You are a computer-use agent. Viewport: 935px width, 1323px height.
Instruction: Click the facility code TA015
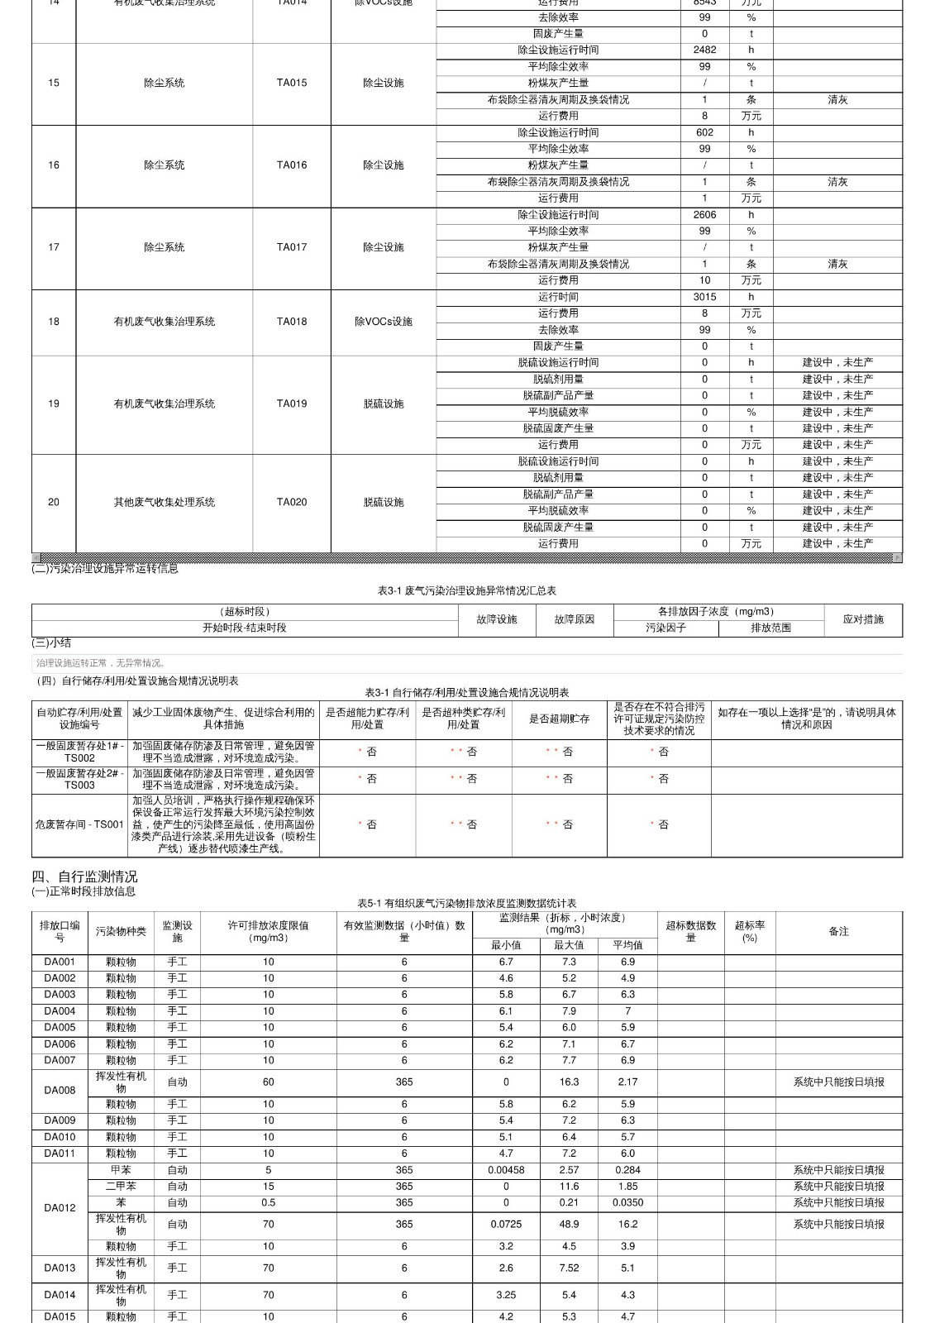click(x=291, y=83)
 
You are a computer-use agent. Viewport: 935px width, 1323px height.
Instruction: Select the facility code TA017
click(x=291, y=247)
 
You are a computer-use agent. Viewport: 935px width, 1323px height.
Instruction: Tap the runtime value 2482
click(x=704, y=50)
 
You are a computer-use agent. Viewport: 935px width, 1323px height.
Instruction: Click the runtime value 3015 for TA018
click(x=704, y=297)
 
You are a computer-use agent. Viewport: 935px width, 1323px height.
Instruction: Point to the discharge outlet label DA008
click(x=60, y=1090)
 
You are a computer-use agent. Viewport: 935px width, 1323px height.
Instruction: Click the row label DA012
click(x=60, y=1207)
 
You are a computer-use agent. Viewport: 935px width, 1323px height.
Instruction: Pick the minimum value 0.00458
click(x=506, y=1170)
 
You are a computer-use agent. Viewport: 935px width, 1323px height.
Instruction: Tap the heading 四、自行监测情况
click(x=84, y=876)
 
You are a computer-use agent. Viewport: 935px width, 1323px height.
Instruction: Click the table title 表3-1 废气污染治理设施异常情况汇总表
click(x=467, y=590)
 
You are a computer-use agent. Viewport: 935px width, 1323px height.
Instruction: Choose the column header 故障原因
click(x=575, y=619)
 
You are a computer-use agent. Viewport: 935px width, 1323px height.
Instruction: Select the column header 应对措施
click(x=863, y=619)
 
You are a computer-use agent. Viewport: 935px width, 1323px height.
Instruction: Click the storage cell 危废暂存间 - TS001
click(x=79, y=824)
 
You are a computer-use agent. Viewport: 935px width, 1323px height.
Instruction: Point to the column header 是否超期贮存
click(x=559, y=719)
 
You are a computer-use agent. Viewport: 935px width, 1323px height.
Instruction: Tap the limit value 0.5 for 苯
click(x=268, y=1202)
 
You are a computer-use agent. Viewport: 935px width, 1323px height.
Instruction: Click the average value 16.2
click(x=627, y=1224)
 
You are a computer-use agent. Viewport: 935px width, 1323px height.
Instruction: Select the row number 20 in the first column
click(x=54, y=502)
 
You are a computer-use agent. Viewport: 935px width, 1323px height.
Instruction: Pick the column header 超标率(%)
click(x=750, y=931)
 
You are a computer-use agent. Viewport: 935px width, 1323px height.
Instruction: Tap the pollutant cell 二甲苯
click(x=121, y=1186)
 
